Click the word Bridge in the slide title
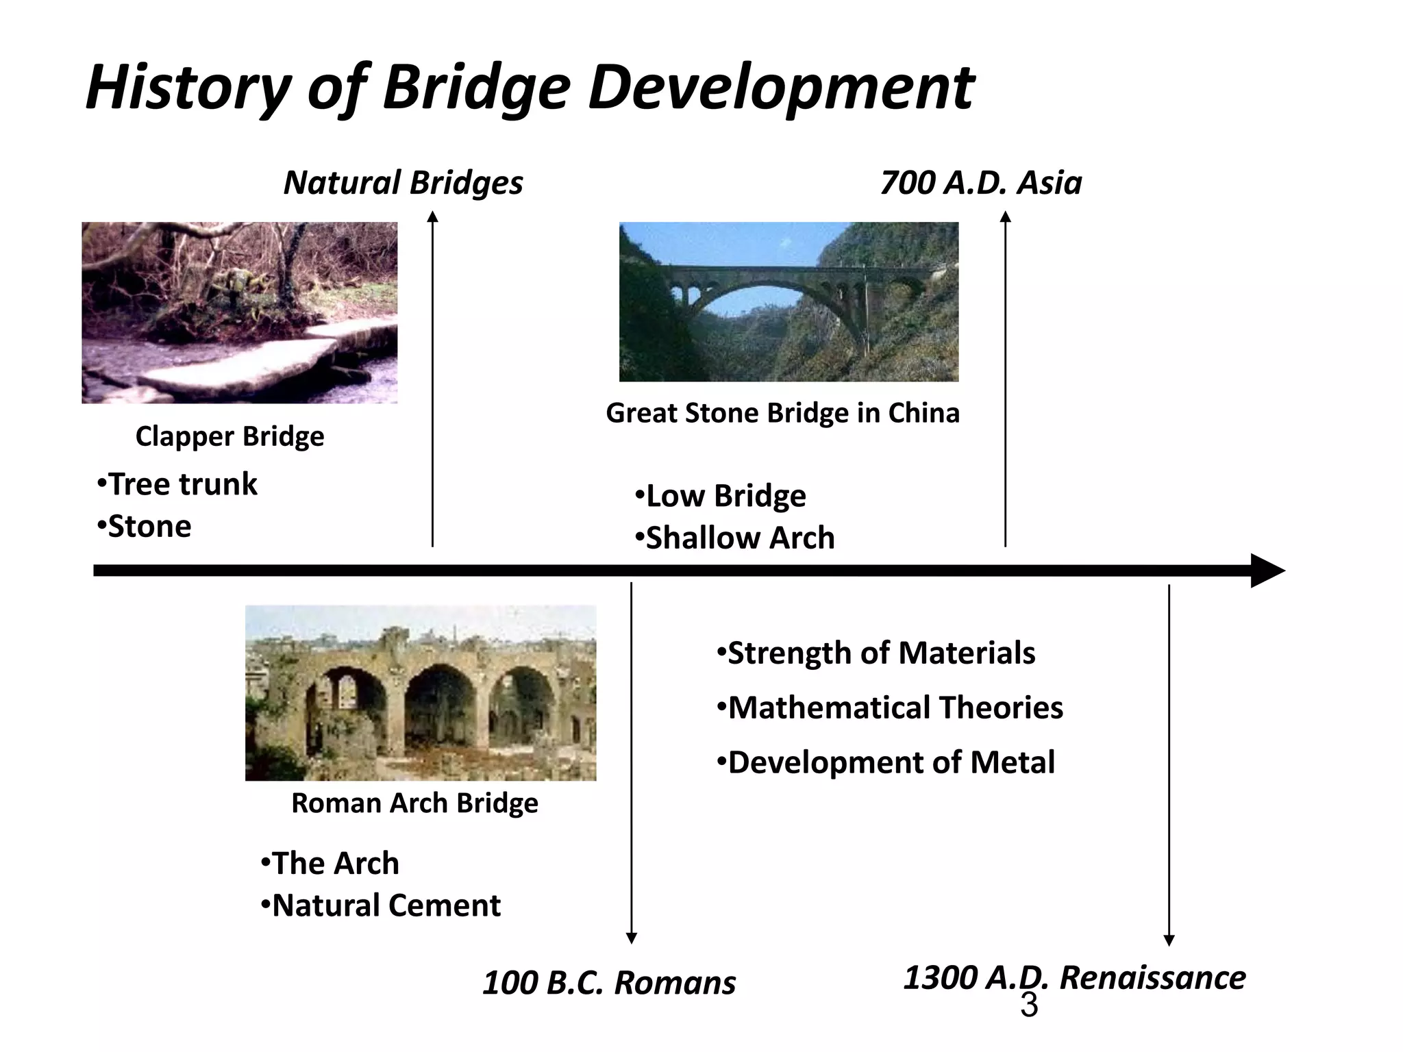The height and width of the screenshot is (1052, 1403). click(475, 88)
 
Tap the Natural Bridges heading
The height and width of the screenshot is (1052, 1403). click(403, 183)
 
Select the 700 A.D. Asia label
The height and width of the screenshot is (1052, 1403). click(980, 183)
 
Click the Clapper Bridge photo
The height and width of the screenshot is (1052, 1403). click(239, 312)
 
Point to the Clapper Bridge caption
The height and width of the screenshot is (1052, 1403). click(229, 436)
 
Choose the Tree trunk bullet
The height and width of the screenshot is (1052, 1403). click(177, 484)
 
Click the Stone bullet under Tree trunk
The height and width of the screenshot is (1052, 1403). click(145, 527)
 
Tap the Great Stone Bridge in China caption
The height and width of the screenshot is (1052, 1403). click(782, 413)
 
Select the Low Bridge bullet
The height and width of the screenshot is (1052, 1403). click(721, 496)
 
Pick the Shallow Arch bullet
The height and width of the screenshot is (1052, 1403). click(735, 538)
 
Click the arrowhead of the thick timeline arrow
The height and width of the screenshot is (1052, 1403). click(1267, 571)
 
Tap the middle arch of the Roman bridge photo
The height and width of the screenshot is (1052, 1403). click(439, 705)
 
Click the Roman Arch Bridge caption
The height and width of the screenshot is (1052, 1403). click(414, 803)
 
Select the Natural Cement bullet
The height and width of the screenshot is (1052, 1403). click(381, 905)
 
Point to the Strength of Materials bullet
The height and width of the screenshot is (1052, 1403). click(876, 653)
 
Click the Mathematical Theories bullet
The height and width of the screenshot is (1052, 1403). click(890, 707)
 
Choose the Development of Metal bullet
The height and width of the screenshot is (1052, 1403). click(886, 762)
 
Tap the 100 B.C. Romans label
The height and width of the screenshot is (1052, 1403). click(608, 983)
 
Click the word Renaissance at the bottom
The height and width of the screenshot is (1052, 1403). click(1153, 977)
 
